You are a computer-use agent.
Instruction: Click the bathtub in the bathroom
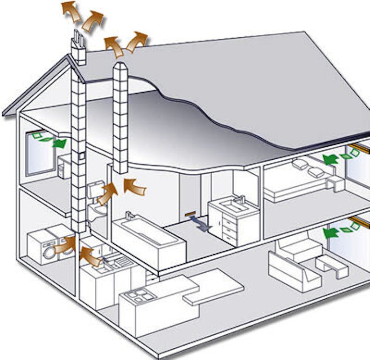148,238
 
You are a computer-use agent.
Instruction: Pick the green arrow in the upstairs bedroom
330,159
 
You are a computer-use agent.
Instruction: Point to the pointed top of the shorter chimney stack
120,66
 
